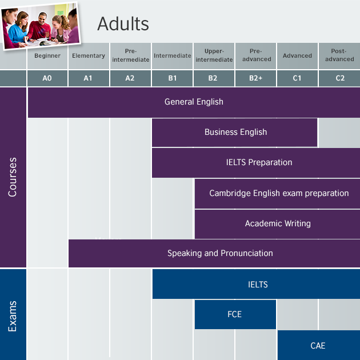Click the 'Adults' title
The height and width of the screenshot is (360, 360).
click(123, 24)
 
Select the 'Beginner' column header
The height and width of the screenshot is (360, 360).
click(47, 56)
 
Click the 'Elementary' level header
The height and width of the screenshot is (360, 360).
click(89, 56)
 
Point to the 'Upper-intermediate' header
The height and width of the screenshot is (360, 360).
click(214, 55)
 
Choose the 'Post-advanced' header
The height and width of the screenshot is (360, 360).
click(339, 55)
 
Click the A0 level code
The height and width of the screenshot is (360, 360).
click(47, 78)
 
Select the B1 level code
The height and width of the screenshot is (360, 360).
click(173, 78)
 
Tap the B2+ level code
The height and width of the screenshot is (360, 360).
click(255, 78)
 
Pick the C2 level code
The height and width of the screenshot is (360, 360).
click(340, 78)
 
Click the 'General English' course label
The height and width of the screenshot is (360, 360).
click(194, 102)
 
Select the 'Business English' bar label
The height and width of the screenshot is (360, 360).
click(235, 132)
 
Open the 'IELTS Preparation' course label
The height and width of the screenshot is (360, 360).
click(259, 162)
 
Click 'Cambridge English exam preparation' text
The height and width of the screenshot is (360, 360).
click(279, 193)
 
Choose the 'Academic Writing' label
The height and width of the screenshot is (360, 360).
click(278, 223)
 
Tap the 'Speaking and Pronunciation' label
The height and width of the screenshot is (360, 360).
click(220, 253)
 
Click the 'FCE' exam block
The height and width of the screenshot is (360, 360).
click(234, 314)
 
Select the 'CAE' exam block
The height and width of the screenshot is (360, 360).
click(318, 345)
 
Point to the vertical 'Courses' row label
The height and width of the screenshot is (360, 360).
click(13, 177)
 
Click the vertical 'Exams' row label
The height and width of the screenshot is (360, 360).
click(13, 315)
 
